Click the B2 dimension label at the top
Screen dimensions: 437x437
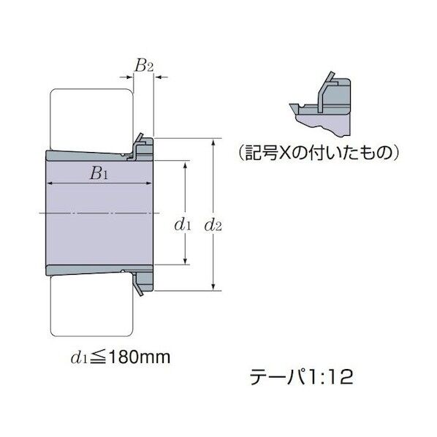[143, 65]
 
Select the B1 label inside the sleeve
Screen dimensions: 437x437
[99, 174]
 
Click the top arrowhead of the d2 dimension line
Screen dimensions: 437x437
[213, 141]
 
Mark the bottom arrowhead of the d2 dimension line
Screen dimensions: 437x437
[213, 286]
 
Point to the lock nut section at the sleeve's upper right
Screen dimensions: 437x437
[143, 148]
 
